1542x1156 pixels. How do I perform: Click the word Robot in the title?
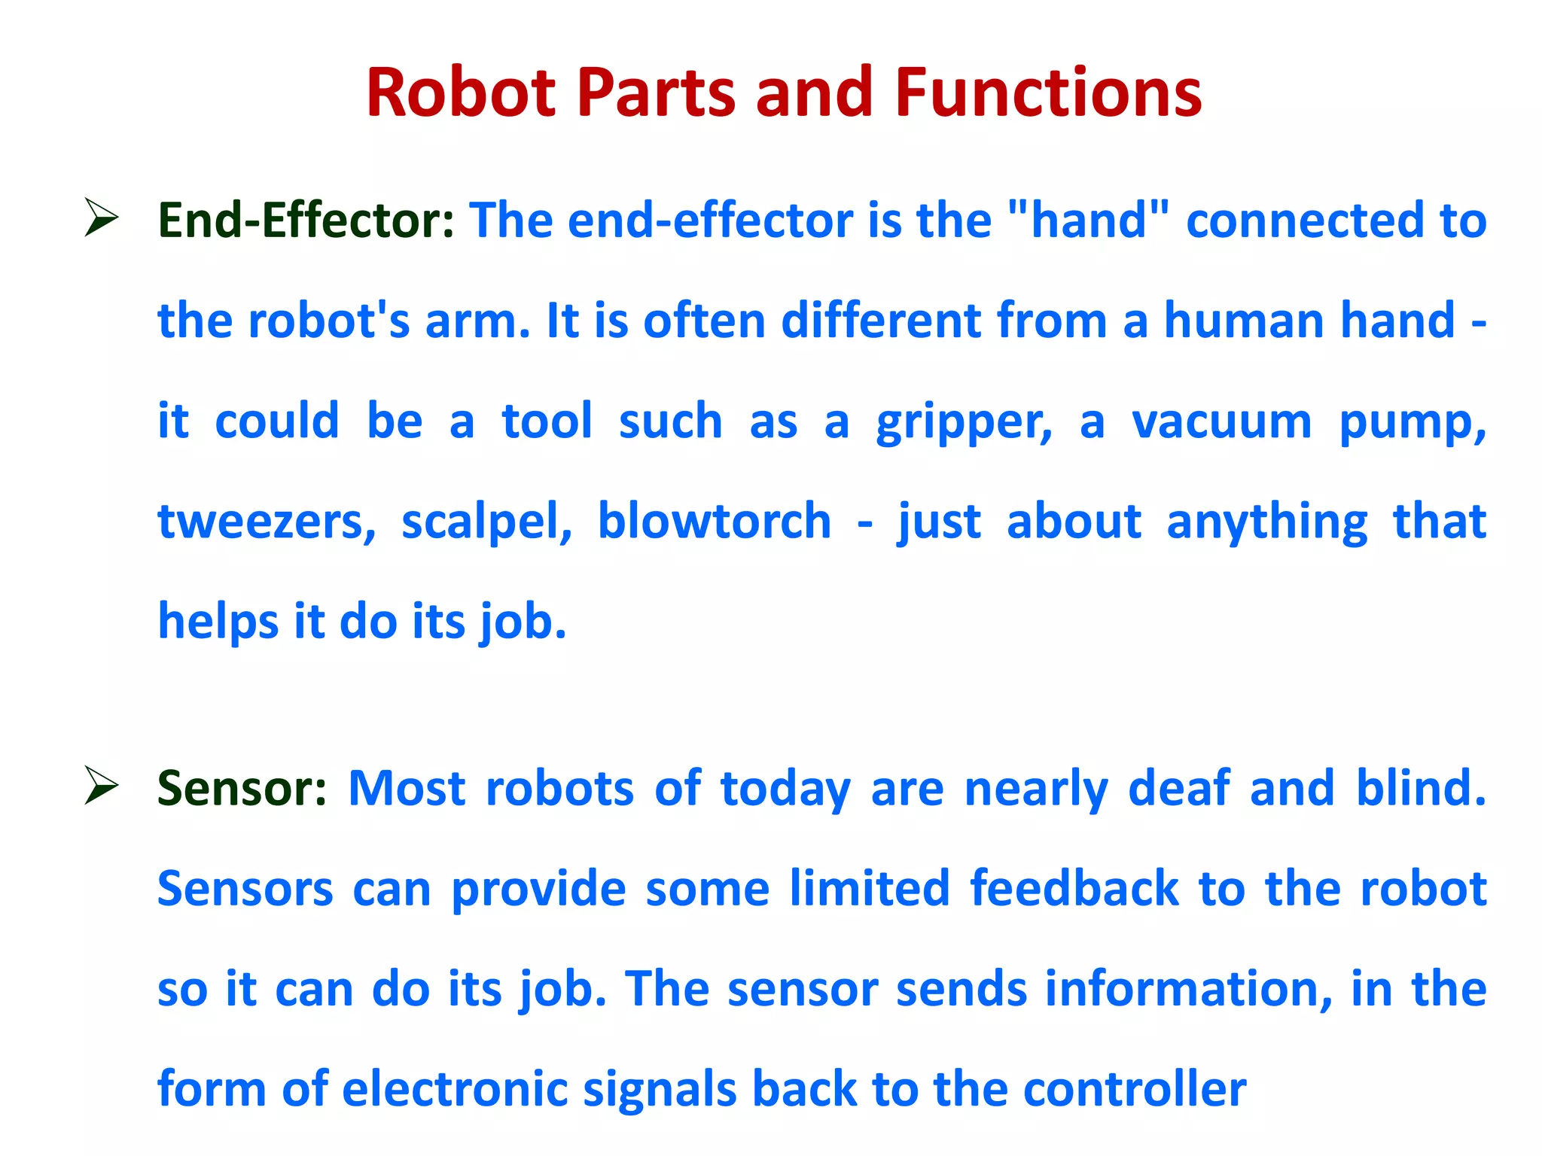tap(461, 93)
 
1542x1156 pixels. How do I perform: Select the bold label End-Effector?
tap(306, 221)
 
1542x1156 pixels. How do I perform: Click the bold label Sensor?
tap(242, 789)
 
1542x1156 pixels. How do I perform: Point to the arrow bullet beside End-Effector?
tap(101, 218)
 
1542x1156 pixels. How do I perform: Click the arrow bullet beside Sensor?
tap(101, 786)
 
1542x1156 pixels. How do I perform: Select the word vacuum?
tap(1221, 421)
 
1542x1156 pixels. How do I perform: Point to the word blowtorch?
tap(714, 521)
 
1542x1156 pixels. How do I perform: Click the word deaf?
tap(1179, 789)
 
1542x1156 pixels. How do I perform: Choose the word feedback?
tap(1074, 889)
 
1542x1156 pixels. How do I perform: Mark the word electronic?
tap(454, 1089)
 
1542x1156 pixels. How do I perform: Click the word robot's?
tap(329, 321)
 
